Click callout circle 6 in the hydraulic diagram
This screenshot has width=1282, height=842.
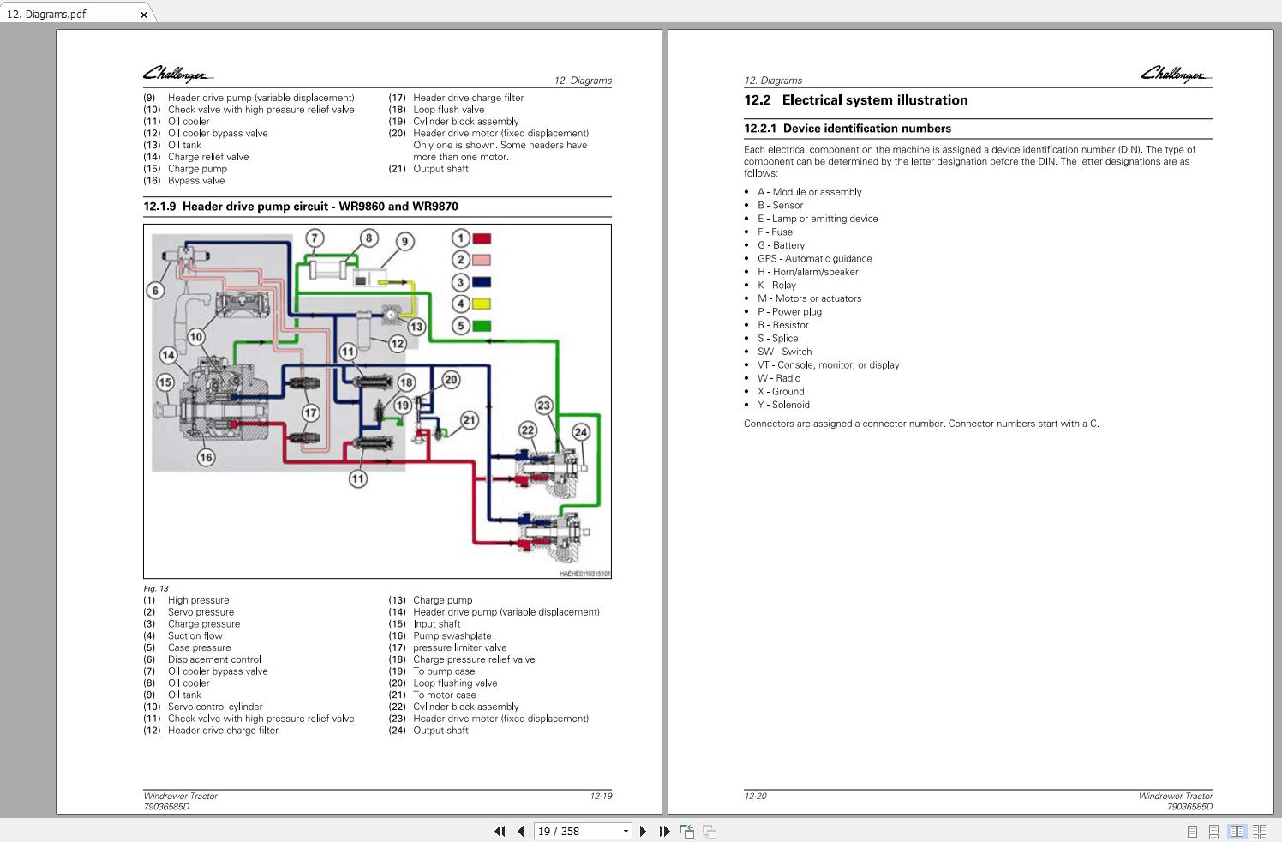click(x=155, y=290)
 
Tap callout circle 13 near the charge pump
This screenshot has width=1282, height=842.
click(x=416, y=327)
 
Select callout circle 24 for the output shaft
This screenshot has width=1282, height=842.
click(x=581, y=432)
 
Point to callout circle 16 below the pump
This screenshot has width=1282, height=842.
click(x=206, y=458)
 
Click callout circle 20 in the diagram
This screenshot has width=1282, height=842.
click(x=451, y=380)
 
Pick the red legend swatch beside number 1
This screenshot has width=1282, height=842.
click(x=482, y=238)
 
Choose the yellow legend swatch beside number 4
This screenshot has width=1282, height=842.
click(x=482, y=304)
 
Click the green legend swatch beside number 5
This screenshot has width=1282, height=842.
click(x=482, y=326)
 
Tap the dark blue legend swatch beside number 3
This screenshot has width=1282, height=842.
click(x=482, y=282)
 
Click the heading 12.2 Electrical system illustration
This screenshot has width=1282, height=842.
click(x=856, y=100)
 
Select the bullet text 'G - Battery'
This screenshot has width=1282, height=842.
click(x=781, y=245)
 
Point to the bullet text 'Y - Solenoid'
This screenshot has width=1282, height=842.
click(x=783, y=405)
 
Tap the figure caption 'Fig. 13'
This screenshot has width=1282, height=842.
click(x=156, y=588)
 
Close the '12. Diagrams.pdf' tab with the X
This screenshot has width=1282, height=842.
click(x=144, y=15)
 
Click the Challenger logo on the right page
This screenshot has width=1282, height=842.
click(x=1176, y=75)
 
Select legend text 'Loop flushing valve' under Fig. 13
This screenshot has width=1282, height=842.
click(x=455, y=683)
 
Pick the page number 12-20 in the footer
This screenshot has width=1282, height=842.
click(x=755, y=796)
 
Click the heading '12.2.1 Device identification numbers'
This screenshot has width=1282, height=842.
click(x=848, y=129)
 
